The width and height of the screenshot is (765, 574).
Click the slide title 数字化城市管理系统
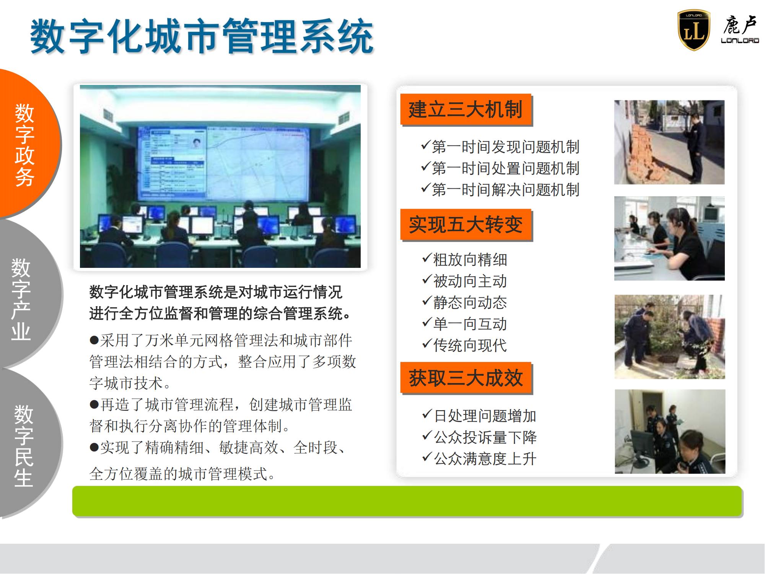(x=202, y=37)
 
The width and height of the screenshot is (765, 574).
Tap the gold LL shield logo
(x=693, y=30)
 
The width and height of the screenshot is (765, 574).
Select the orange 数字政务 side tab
(x=25, y=145)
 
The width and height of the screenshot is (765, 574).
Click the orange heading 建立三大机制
(x=466, y=109)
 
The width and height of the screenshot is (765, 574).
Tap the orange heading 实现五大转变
(x=466, y=225)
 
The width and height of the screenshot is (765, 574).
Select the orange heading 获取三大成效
(x=466, y=378)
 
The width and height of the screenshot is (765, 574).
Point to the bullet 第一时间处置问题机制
(x=500, y=168)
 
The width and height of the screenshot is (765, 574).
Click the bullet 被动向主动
(x=464, y=281)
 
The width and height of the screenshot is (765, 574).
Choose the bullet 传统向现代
(x=464, y=346)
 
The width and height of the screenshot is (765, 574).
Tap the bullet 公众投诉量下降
(x=479, y=437)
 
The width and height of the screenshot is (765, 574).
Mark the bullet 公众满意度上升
(x=479, y=459)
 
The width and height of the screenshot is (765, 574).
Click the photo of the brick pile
(x=669, y=142)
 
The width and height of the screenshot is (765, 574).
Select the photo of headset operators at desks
(x=669, y=238)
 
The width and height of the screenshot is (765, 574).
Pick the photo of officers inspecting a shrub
(x=670, y=337)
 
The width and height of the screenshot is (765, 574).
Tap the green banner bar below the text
(x=407, y=501)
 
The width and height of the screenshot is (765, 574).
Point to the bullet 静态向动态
(x=464, y=303)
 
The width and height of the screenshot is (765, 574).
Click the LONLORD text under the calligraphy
(x=740, y=41)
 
